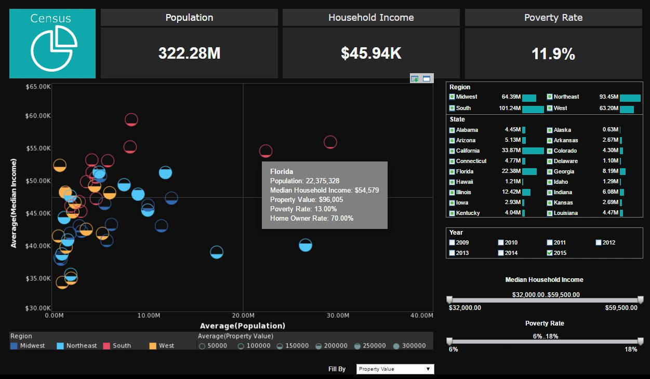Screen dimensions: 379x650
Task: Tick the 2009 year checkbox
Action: click(452, 242)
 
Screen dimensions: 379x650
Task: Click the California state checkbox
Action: click(452, 151)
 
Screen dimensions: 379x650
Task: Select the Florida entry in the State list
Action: click(464, 171)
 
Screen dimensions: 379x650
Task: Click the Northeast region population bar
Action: click(630, 98)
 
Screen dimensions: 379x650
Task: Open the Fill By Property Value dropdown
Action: click(395, 369)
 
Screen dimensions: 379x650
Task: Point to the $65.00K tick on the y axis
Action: click(38, 87)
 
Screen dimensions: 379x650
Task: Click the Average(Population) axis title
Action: click(242, 326)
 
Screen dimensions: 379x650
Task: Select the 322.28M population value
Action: click(189, 53)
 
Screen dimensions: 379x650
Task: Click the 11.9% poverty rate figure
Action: click(553, 54)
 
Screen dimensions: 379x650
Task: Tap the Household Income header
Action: click(371, 18)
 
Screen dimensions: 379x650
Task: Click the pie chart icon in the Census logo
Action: click(54, 48)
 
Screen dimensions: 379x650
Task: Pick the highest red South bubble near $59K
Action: click(131, 119)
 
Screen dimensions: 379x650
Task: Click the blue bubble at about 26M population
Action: click(306, 245)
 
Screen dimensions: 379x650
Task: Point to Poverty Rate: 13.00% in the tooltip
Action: click(303, 209)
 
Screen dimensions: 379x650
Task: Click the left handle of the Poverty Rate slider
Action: click(449, 341)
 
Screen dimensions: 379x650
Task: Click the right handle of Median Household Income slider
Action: click(640, 300)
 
